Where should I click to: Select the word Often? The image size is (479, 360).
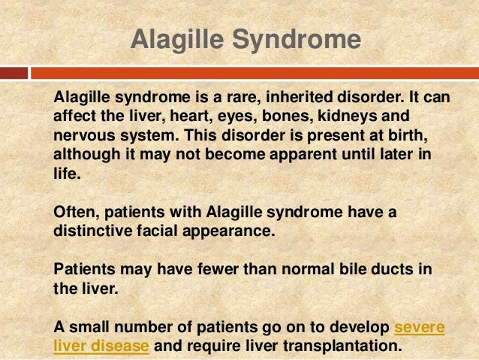click(74, 213)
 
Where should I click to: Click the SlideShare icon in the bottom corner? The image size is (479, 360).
click(465, 349)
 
